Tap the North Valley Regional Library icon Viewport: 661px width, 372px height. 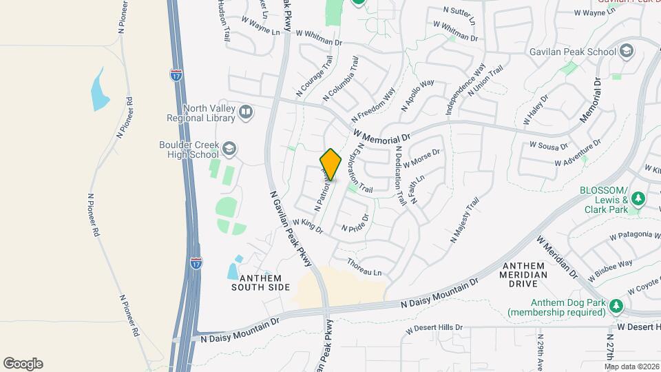pos(246,112)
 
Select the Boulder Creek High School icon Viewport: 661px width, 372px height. pos(229,149)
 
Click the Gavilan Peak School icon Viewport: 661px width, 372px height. pos(627,52)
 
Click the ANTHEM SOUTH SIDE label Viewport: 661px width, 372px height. pos(260,282)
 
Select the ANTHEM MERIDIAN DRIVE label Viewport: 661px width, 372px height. pos(525,270)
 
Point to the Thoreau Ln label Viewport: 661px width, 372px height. pos(364,268)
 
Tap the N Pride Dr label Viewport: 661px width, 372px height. pos(355,223)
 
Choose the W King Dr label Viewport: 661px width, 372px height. pos(307,225)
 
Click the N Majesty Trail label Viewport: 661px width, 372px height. pos(464,220)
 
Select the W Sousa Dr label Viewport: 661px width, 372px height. pos(548,146)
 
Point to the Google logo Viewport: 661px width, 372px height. pos(23,363)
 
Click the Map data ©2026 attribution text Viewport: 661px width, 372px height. pos(631,366)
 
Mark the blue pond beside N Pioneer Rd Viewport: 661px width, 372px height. pos(101,90)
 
